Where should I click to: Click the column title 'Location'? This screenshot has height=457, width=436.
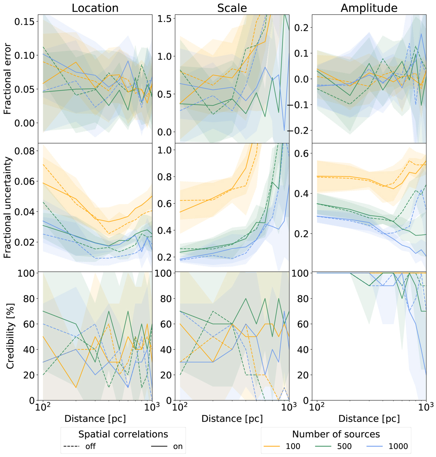tap(95, 8)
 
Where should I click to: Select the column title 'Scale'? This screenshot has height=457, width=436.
tap(232, 8)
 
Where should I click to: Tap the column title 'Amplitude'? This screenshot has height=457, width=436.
tap(369, 8)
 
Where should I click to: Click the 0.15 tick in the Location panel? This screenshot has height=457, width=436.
tap(25, 21)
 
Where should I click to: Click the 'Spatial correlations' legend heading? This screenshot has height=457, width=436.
tap(123, 434)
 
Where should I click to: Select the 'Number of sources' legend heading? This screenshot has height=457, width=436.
tap(336, 434)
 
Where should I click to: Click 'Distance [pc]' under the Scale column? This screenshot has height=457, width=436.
tap(232, 419)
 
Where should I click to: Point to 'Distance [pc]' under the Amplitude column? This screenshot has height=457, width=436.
tap(369, 419)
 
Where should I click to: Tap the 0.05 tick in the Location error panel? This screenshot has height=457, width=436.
tap(25, 89)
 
